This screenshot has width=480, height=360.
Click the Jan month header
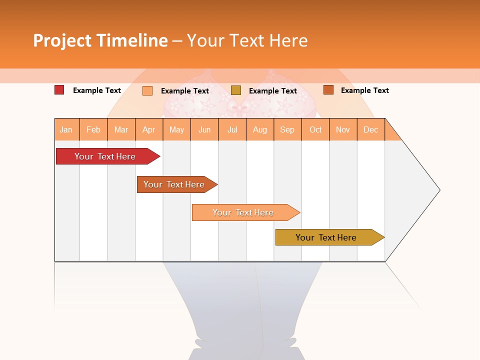[x=66, y=129]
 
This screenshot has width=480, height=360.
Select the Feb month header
[x=93, y=129]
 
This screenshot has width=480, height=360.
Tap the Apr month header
[x=148, y=129]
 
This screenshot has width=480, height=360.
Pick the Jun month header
[x=204, y=129]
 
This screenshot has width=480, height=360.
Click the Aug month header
[x=259, y=129]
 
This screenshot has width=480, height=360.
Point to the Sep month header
[x=287, y=129]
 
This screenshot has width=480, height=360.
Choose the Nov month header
[x=342, y=129]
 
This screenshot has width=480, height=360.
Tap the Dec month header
[x=370, y=129]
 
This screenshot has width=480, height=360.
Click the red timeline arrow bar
[x=105, y=156]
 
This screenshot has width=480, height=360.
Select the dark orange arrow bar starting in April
[x=174, y=184]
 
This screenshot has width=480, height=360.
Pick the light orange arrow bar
[x=243, y=212]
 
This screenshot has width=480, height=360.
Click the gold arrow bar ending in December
[x=326, y=237]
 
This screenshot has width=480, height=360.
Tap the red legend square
[x=59, y=90]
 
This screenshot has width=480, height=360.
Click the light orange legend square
[x=147, y=90]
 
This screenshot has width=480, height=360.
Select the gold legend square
[x=236, y=90]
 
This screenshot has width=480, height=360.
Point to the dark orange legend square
[x=328, y=90]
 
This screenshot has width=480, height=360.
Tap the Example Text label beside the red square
[x=97, y=90]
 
